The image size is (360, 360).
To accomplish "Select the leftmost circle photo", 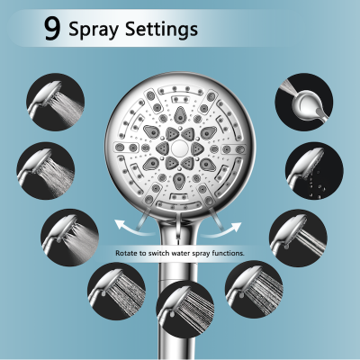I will coord(45,166).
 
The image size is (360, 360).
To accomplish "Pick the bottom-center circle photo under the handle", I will coord(184,316).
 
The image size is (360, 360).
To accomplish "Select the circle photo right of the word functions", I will coord(296,236).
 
